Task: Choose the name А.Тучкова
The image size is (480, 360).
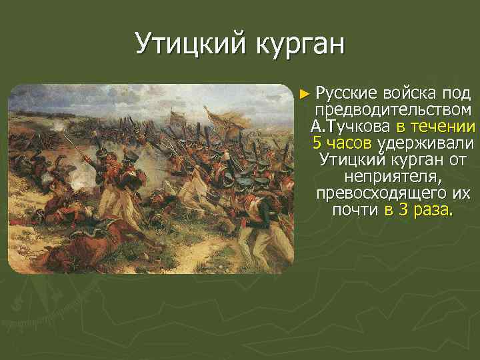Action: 351,127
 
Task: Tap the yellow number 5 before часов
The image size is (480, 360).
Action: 317,143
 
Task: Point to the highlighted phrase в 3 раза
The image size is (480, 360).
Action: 418,211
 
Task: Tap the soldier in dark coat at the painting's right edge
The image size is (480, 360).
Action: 280,200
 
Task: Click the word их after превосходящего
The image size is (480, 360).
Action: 459,194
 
